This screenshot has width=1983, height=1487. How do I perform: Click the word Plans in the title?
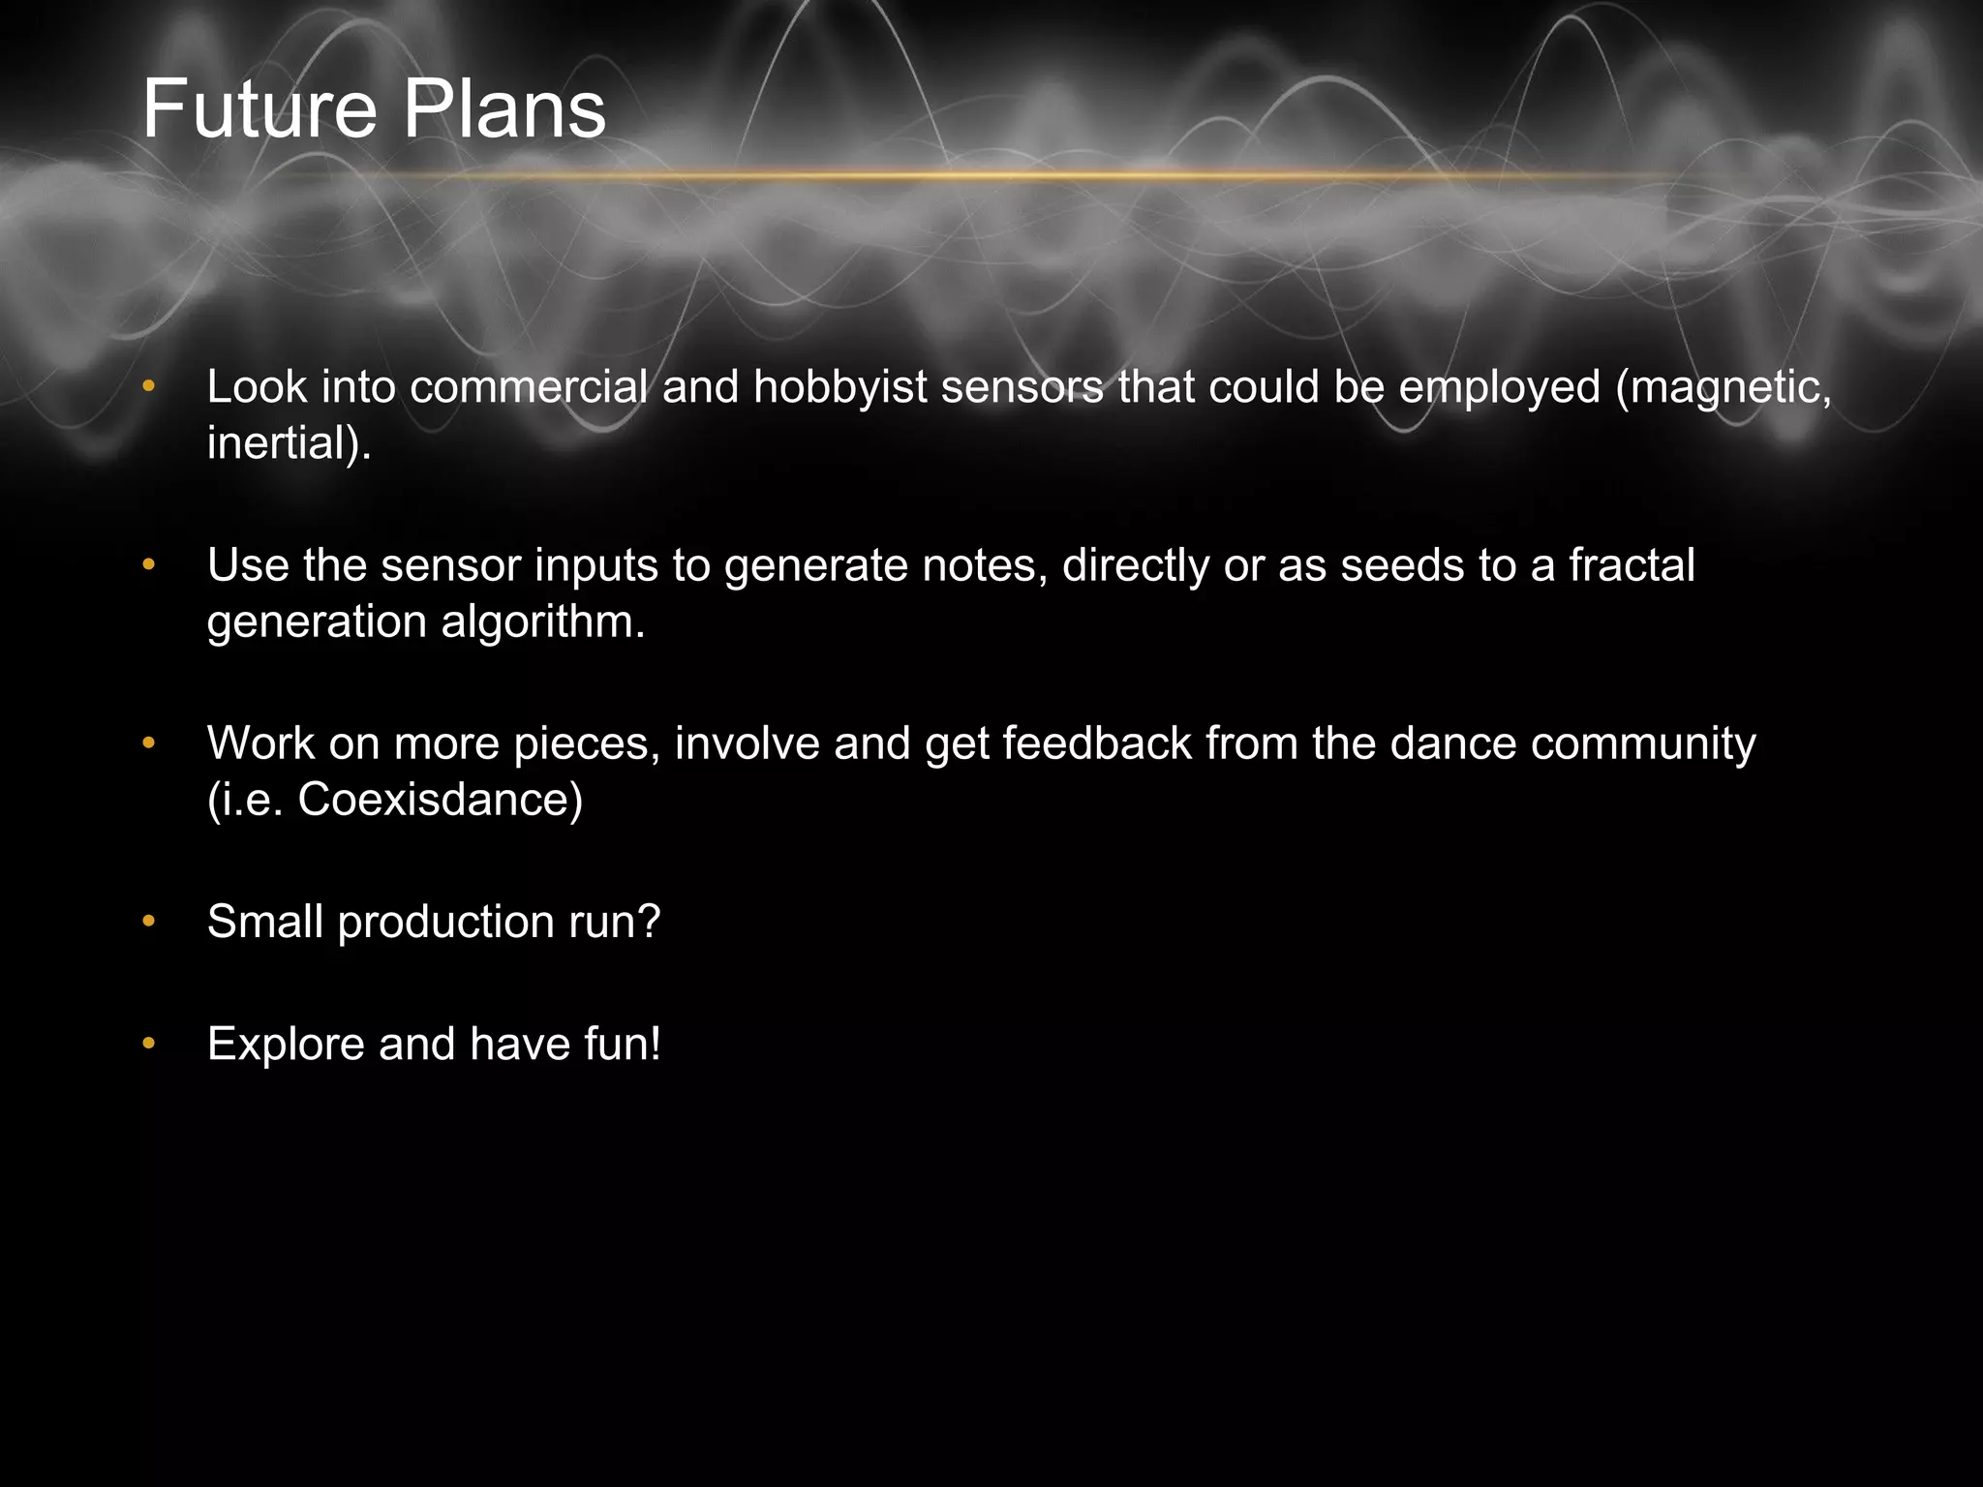point(504,109)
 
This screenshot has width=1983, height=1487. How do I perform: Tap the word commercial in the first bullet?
point(529,387)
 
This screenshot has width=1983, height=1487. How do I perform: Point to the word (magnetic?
point(1724,387)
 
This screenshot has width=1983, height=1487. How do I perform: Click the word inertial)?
point(290,443)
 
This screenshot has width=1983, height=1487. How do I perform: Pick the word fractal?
point(1632,565)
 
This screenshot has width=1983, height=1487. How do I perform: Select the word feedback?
point(1096,743)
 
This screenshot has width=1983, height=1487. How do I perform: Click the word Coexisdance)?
point(440,800)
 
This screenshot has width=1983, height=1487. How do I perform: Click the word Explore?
point(286,1044)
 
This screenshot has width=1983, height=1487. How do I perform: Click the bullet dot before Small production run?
point(148,922)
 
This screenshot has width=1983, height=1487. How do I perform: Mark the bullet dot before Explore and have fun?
point(148,1044)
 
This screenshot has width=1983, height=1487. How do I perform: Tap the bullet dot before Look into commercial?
point(148,387)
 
